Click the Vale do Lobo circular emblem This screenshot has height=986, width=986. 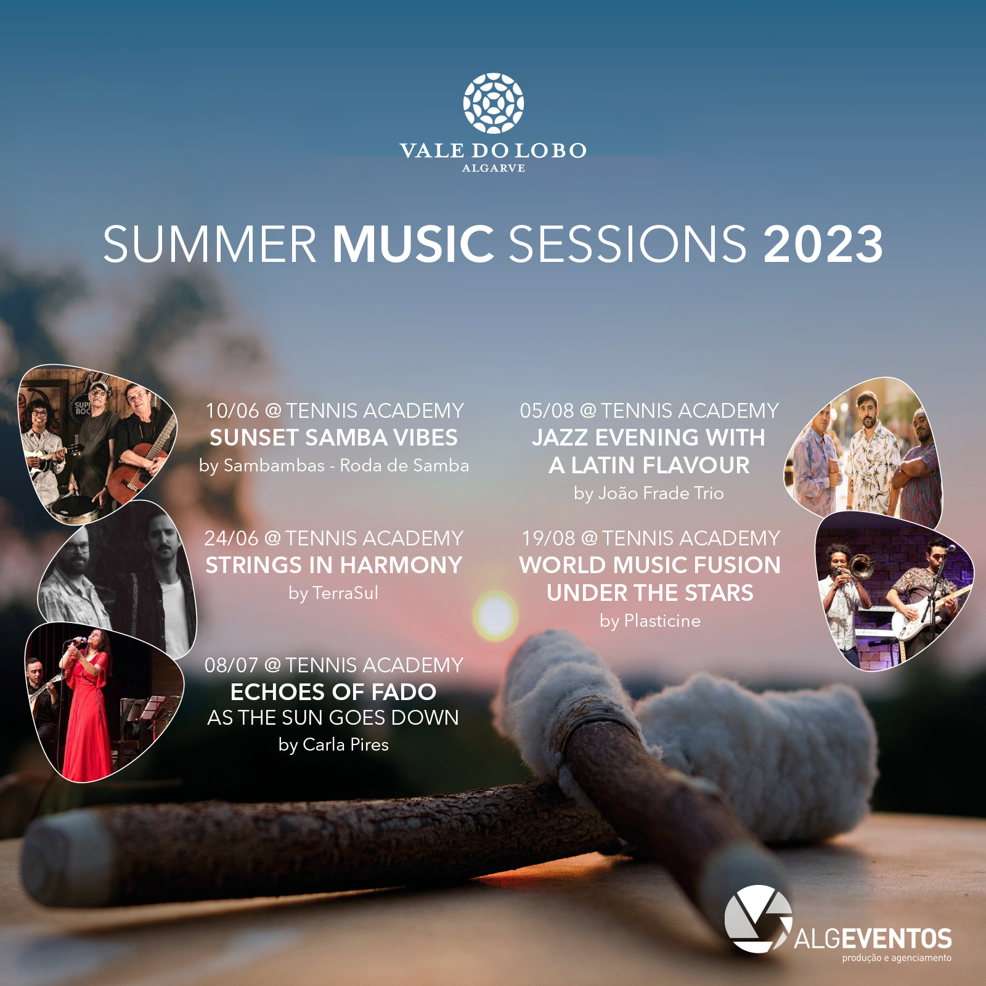coord(494,104)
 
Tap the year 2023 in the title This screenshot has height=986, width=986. coord(823,244)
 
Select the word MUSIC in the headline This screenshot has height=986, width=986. coord(414,244)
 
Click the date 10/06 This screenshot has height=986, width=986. coord(232,411)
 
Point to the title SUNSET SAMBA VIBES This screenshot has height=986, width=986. coord(333,438)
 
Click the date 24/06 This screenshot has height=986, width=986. coord(232,539)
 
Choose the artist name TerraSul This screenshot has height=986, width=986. coord(345,593)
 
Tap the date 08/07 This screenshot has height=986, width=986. coord(232,666)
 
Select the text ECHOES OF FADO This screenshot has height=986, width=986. coord(333,692)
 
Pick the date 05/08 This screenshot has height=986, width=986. coord(547,411)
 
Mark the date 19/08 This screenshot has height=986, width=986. coord(548,539)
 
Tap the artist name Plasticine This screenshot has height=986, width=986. coord(662,621)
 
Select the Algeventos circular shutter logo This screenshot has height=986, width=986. coord(758,919)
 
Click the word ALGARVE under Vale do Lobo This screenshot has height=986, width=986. coord(494,168)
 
